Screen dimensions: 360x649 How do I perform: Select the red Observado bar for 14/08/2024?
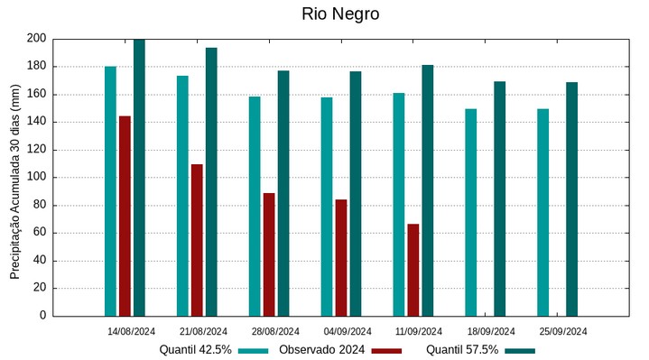[x=125, y=217]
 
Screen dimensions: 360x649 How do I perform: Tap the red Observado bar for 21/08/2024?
[x=197, y=240]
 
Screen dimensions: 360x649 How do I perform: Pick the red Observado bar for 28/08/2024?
[x=269, y=254]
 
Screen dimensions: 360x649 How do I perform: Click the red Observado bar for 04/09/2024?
[x=341, y=257]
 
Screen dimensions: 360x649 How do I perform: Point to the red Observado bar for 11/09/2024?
[x=413, y=270]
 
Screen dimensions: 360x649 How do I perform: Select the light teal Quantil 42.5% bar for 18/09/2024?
[x=471, y=212]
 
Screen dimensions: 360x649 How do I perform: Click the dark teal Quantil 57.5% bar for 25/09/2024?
[x=572, y=198]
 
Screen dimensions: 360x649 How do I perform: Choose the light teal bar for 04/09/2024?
[x=327, y=207]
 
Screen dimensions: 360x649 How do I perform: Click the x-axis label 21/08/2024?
[x=203, y=331]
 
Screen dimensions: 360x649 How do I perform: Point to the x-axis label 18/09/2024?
[x=492, y=331]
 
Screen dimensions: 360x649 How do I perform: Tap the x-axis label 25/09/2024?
[x=563, y=331]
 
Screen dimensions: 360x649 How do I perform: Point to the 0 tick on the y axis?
[x=42, y=316]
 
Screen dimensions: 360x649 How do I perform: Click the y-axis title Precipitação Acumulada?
[x=15, y=176]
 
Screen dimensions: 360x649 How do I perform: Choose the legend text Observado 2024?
[x=321, y=350]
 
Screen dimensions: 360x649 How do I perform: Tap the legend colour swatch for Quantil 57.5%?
[x=520, y=350]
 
